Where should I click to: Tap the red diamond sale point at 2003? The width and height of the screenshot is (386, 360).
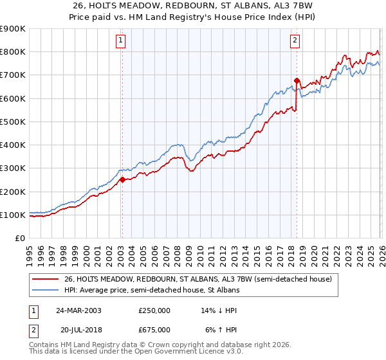(122, 180)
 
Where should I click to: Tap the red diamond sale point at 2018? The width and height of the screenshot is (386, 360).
(297, 81)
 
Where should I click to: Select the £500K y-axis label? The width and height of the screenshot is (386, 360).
(13, 122)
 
